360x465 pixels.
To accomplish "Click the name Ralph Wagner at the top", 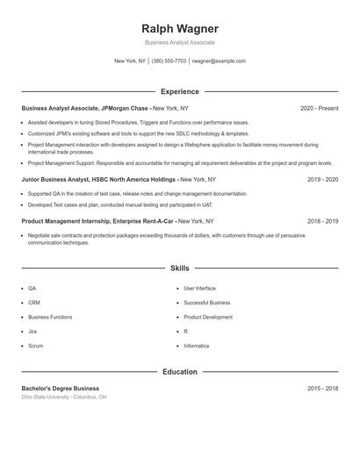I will [179, 28].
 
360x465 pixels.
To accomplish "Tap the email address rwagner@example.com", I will [219, 61].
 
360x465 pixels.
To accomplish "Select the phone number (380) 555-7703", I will [169, 61].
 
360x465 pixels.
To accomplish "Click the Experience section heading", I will [179, 91].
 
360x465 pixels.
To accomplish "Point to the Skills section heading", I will [179, 268].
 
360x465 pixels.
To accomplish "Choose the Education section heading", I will [179, 372].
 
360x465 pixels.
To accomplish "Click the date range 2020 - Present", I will [319, 108].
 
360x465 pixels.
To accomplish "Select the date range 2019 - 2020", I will [322, 179].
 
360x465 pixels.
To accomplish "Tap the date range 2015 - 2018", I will [322, 388].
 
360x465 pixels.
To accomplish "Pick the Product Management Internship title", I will [67, 222].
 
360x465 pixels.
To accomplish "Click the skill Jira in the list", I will [32, 332].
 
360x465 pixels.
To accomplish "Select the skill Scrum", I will [35, 346].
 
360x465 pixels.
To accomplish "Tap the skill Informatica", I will [196, 346].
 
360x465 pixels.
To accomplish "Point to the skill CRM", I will [33, 303].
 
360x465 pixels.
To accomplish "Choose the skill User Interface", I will [199, 288].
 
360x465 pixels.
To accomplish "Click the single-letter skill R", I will [186, 332].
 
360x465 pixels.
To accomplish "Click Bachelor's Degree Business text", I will [60, 388].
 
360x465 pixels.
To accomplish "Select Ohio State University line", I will [64, 397].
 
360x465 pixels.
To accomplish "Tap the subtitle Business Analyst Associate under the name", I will [179, 42].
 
